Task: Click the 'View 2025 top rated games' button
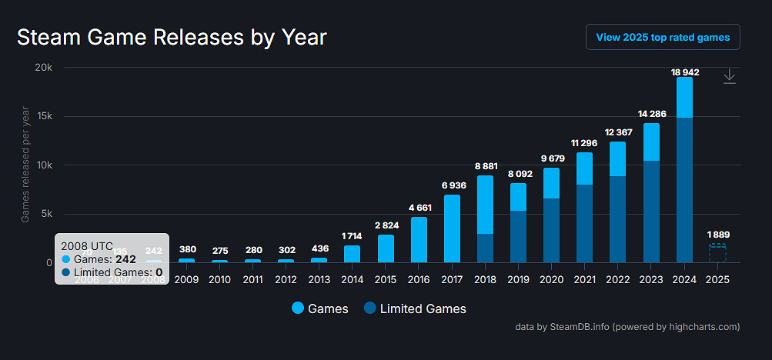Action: [x=663, y=37]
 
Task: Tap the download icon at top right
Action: [x=729, y=76]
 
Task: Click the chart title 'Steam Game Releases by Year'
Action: [x=172, y=37]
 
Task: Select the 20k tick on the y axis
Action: [x=43, y=68]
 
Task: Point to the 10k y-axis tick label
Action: [x=43, y=165]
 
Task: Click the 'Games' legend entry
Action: [x=320, y=308]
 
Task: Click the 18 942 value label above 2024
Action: [x=684, y=72]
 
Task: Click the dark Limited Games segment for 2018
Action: [x=485, y=248]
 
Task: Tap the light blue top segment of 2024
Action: [x=684, y=97]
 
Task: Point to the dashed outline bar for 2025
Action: [x=717, y=253]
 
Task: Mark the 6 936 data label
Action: [x=452, y=186]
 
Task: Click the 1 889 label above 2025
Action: [x=717, y=235]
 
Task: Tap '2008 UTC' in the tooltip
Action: [x=86, y=246]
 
